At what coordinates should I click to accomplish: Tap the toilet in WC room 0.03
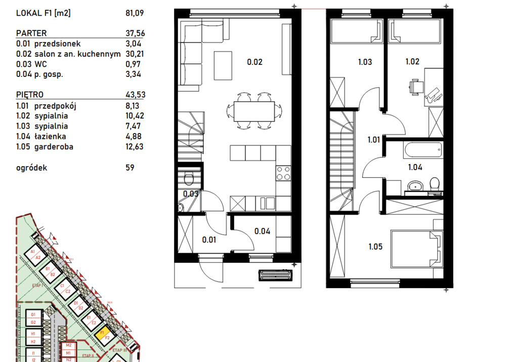[x=189, y=179]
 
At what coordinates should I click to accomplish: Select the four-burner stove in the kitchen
[x=283, y=173]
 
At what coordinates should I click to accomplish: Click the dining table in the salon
[x=254, y=110]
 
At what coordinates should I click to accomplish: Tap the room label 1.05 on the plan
[x=375, y=247]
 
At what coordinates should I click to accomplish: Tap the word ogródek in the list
[x=31, y=168]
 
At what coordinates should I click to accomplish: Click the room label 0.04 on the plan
[x=262, y=231]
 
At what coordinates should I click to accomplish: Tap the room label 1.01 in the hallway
[x=374, y=140]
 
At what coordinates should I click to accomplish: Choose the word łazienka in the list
[x=50, y=136]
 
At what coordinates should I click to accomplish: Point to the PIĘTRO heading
[x=29, y=95]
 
